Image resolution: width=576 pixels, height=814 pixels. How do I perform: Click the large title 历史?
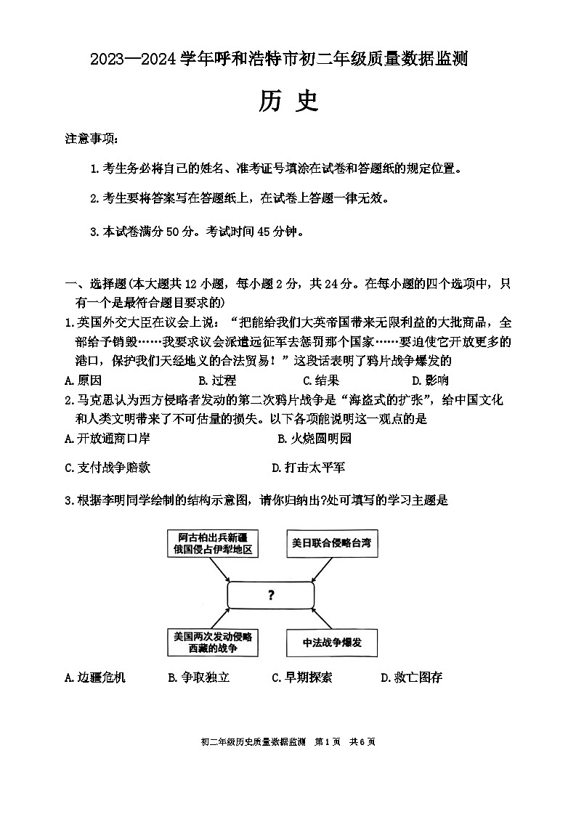click(x=288, y=102)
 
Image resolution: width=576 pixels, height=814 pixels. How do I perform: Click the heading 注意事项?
click(x=90, y=139)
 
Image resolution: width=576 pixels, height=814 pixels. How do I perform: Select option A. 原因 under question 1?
click(x=83, y=380)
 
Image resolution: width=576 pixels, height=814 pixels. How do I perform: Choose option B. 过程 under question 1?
click(x=216, y=380)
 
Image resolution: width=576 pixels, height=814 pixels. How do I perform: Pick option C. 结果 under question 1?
click(x=321, y=380)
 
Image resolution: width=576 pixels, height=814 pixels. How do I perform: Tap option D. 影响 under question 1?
click(x=430, y=380)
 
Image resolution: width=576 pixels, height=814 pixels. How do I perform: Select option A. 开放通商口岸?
click(x=107, y=438)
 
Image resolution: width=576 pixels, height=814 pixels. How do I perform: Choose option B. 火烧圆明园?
click(x=315, y=438)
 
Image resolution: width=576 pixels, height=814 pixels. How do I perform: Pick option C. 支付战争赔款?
click(x=107, y=468)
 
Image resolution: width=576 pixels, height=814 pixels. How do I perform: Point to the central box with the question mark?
click(x=271, y=595)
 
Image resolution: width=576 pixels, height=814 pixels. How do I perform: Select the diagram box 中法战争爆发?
click(x=332, y=643)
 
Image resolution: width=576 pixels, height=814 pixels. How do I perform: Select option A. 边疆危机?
click(x=94, y=677)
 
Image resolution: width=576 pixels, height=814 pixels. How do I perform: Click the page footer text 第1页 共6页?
click(x=345, y=741)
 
